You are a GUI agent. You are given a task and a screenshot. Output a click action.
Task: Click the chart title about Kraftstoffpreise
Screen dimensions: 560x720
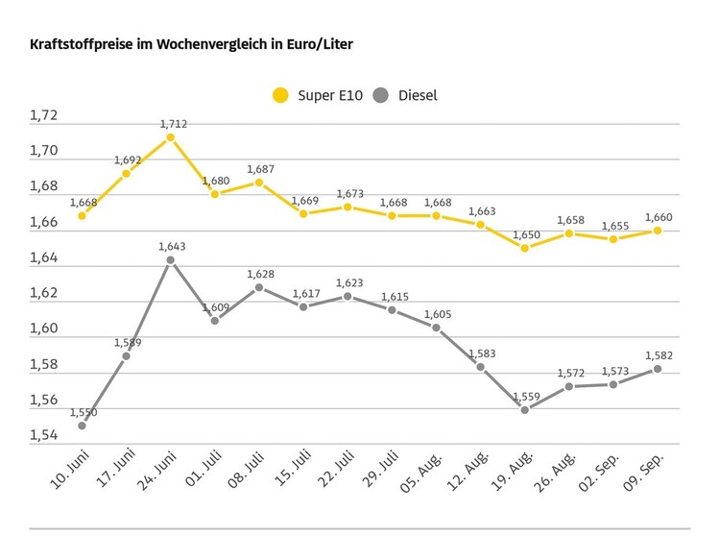click(198, 45)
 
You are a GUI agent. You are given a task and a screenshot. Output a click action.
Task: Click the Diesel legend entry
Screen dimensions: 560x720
click(406, 95)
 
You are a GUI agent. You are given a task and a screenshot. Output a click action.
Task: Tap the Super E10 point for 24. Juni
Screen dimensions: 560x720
click(170, 137)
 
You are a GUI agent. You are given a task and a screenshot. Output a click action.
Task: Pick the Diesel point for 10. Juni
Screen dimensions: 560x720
click(82, 426)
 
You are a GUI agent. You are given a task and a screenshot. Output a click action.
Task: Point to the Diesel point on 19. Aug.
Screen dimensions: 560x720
click(524, 410)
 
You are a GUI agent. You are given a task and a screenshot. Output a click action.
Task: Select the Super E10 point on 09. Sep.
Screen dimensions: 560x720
click(657, 231)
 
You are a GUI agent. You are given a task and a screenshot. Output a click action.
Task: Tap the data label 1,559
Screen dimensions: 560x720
click(524, 396)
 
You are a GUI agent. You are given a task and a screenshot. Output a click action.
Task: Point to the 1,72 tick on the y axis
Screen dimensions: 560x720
click(43, 116)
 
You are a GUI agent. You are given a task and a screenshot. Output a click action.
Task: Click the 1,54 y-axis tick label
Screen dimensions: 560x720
click(43, 436)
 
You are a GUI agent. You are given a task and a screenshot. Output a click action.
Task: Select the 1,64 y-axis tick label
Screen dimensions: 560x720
click(43, 258)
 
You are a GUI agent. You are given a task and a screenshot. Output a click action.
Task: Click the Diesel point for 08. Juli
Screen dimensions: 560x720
click(259, 287)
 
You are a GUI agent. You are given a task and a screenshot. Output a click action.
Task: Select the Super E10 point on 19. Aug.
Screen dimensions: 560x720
click(524, 248)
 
